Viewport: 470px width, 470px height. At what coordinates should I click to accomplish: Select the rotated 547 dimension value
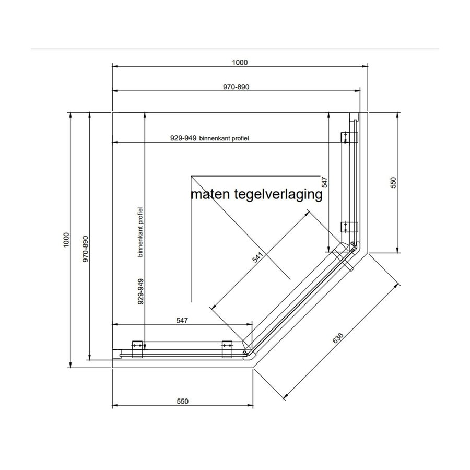(324, 182)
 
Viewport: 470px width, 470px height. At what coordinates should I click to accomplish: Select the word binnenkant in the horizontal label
(213, 139)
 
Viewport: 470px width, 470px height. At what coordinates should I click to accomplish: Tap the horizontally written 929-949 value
(183, 139)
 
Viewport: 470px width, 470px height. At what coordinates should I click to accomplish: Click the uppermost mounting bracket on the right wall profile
(349, 137)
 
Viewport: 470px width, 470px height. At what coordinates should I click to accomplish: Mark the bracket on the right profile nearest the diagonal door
(349, 228)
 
